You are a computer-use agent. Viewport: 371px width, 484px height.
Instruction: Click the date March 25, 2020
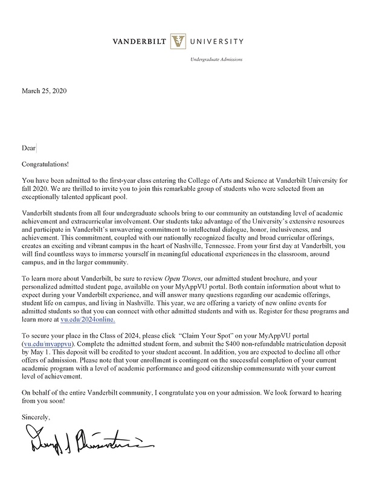44,92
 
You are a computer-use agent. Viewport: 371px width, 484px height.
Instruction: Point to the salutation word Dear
28,147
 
